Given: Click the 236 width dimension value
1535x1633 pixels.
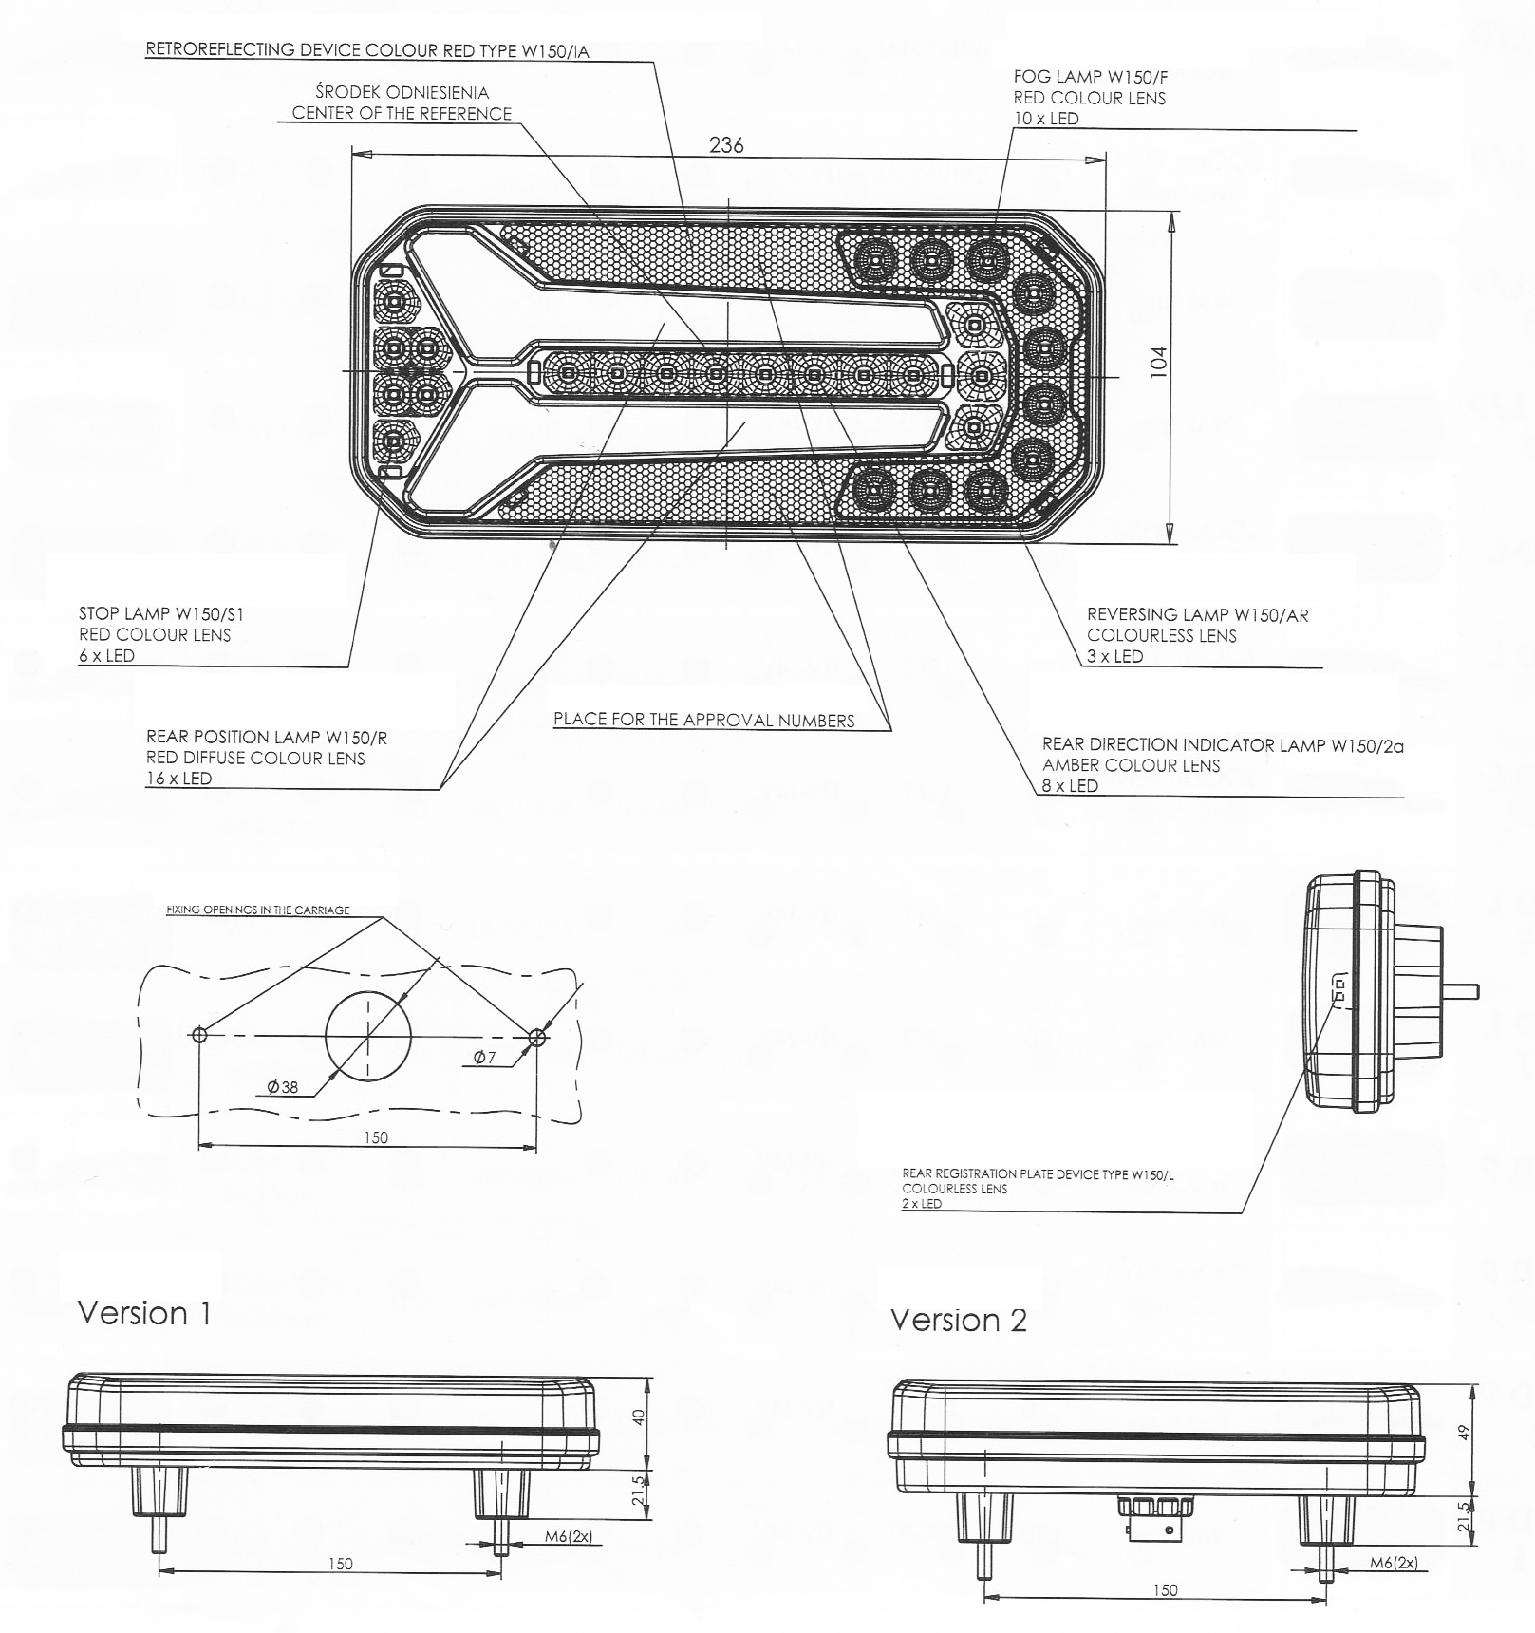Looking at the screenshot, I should pyautogui.click(x=726, y=145).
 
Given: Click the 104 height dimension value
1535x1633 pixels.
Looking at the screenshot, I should pyautogui.click(x=1158, y=362).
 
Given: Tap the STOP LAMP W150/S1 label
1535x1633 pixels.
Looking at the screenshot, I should pyautogui.click(x=161, y=614).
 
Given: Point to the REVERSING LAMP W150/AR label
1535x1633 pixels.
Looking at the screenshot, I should pyautogui.click(x=1197, y=615).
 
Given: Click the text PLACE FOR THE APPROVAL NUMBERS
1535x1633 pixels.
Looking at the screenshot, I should pyautogui.click(x=703, y=720).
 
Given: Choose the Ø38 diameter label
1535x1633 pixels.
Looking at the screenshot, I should pyautogui.click(x=283, y=1087).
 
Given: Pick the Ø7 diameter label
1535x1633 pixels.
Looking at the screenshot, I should pyautogui.click(x=485, y=1058).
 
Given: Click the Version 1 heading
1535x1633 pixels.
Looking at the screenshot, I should pyautogui.click(x=144, y=1313).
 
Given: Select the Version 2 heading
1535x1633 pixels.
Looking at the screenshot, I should pyautogui.click(x=958, y=1321).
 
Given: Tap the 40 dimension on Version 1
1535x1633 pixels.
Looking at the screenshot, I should pyautogui.click(x=639, y=1417).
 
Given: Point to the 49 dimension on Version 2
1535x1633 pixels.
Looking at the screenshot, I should pyautogui.click(x=1463, y=1431).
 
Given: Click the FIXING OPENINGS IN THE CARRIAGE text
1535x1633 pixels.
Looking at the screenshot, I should pyautogui.click(x=258, y=910).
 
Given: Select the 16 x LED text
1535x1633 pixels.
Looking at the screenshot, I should pyautogui.click(x=179, y=779).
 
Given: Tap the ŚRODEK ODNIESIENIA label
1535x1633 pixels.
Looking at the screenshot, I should pyautogui.click(x=402, y=93).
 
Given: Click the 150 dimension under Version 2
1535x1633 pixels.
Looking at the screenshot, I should pyautogui.click(x=1165, y=1590).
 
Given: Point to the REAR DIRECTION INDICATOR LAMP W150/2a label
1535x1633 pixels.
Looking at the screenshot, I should pyautogui.click(x=1223, y=745).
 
